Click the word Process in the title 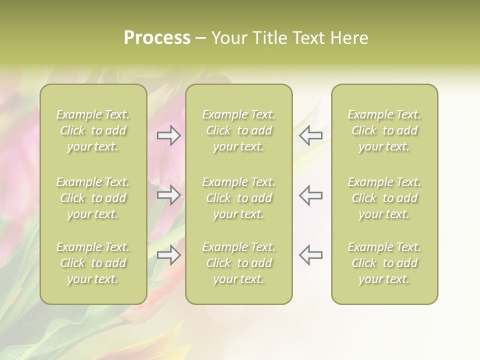pos(157,38)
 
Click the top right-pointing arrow pos(168,135)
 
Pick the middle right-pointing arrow pos(168,195)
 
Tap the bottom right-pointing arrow pos(168,255)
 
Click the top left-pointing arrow pos(310,135)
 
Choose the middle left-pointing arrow pos(310,195)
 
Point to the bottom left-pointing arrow pos(310,255)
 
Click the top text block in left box pos(93,130)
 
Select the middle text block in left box pos(93,198)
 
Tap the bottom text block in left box pos(93,263)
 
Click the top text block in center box pos(239,130)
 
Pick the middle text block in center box pos(239,198)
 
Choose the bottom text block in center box pos(239,263)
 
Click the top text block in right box pos(384,130)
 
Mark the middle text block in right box pos(384,198)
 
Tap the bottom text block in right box pos(384,263)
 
